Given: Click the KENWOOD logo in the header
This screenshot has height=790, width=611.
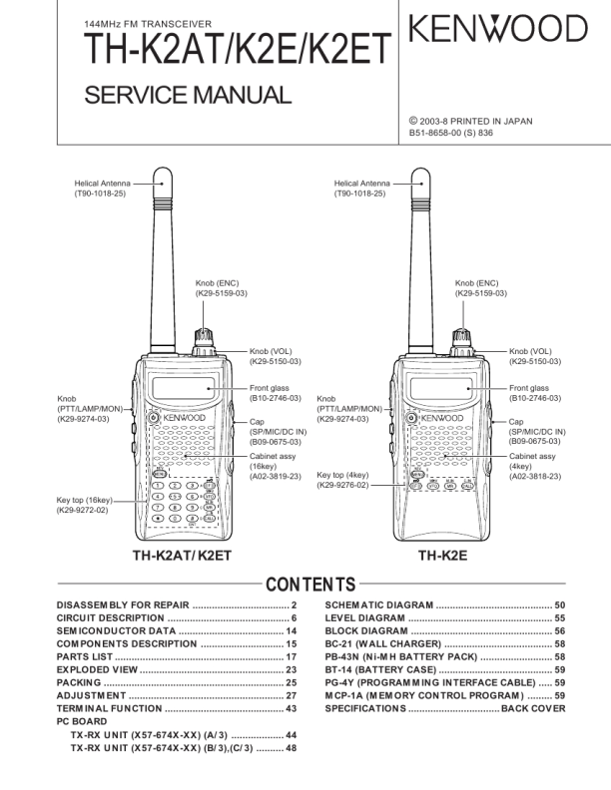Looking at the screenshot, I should tap(498, 31).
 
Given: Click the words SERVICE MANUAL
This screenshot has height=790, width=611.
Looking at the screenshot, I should tap(188, 96).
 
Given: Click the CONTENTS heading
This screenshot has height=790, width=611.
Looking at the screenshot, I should tap(305, 584).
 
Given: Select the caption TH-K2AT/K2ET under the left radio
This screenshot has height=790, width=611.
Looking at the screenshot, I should tap(189, 557).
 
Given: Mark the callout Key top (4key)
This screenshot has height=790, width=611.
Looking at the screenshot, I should tap(342, 480).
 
